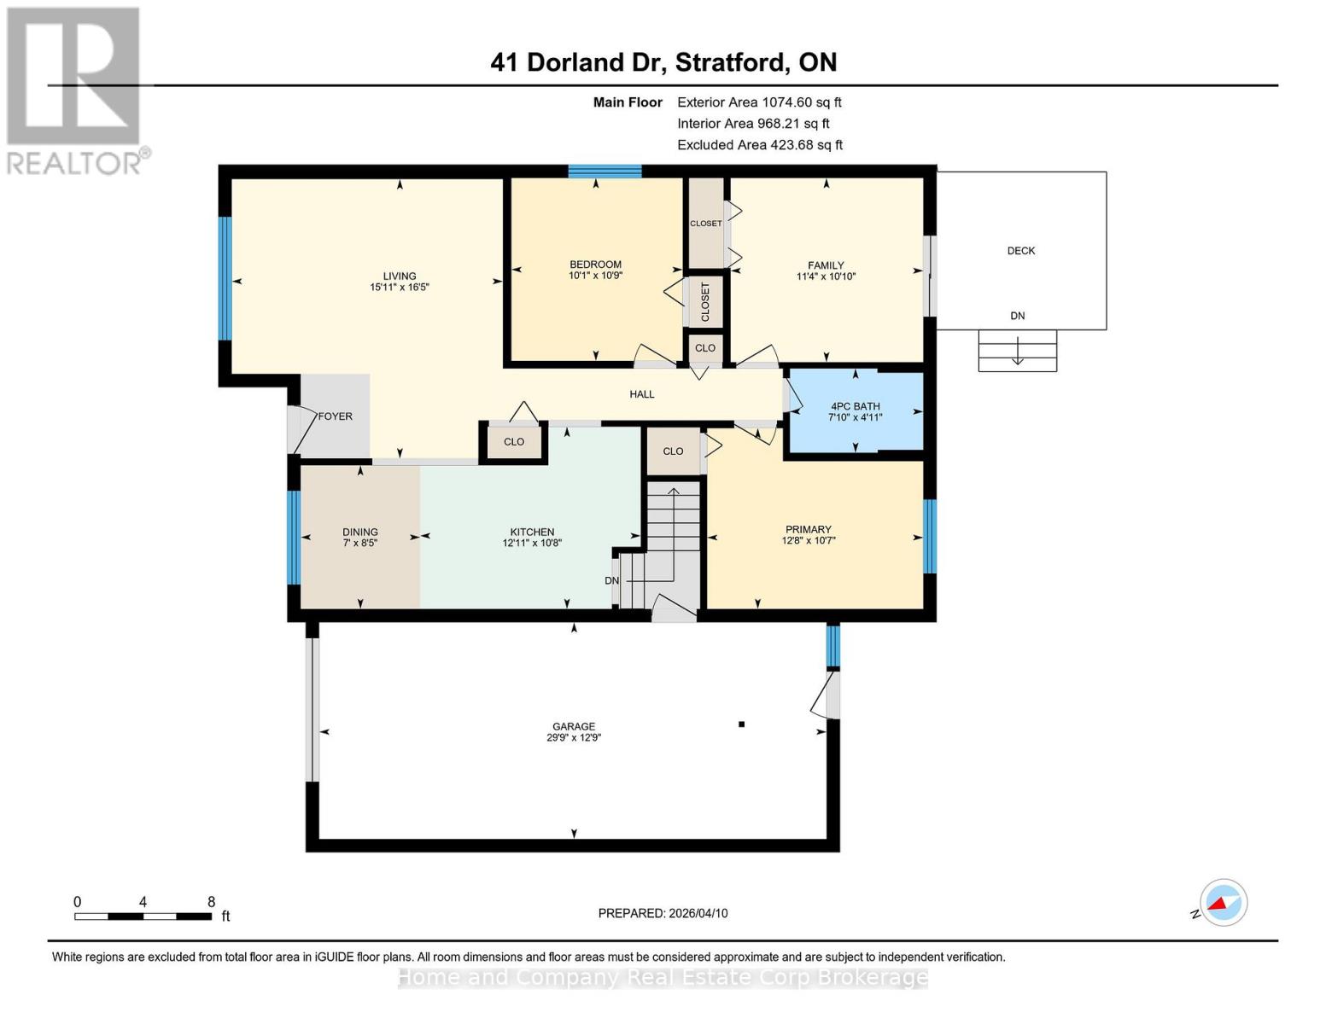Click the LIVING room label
[x=399, y=276]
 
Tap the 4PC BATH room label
[x=855, y=406]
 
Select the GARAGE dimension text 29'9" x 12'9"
[x=574, y=738]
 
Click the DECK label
[x=1020, y=251]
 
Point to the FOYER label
[x=335, y=416]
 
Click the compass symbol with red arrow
[x=1223, y=903]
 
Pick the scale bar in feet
[x=143, y=916]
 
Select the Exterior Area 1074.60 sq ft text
[x=759, y=102]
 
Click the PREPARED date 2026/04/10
[x=663, y=913]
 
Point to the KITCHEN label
[x=532, y=532]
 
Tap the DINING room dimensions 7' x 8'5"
[x=359, y=543]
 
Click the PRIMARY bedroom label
[x=807, y=529]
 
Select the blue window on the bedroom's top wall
[x=605, y=172]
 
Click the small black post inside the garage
[x=741, y=724]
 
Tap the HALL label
[x=641, y=394]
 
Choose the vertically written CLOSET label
[x=705, y=301]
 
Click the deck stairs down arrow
[x=1017, y=351]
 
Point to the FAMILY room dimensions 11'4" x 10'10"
[x=826, y=276]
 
